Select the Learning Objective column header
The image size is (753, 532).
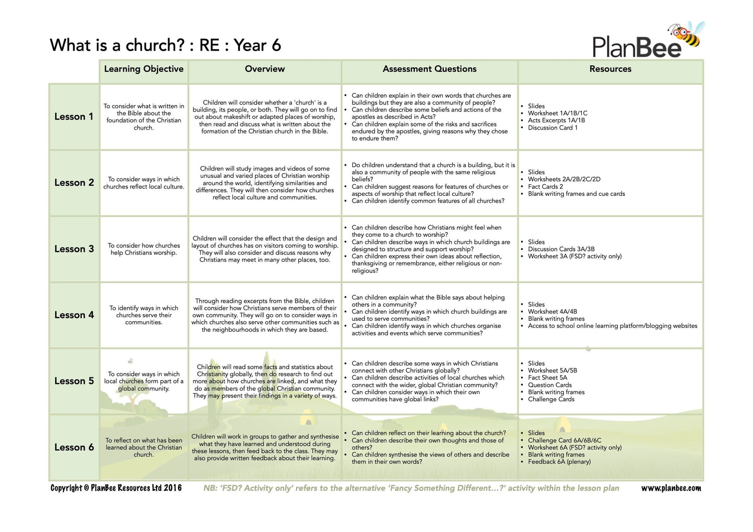pos(144,69)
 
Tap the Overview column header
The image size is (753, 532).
pos(265,69)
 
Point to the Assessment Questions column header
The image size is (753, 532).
pos(429,69)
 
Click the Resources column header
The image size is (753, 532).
pos(610,69)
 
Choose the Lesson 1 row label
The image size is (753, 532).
pos(74,116)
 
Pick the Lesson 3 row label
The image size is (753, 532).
pos(74,249)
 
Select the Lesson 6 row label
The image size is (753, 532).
pos(74,447)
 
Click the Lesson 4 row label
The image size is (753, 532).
pos(74,315)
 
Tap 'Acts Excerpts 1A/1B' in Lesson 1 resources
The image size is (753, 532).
pos(556,120)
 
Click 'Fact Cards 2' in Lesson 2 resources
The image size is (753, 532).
pos(545,187)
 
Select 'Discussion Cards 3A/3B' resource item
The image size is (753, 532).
pos(561,249)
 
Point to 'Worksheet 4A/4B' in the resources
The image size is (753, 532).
pos(552,312)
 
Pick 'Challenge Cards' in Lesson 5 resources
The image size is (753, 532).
pos(551,400)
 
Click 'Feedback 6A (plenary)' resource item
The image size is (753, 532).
pos(559,462)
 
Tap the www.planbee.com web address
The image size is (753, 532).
pos(671,488)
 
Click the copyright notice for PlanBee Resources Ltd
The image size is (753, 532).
pos(116,488)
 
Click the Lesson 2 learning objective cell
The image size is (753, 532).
pos(144,183)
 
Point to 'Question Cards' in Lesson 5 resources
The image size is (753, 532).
pos(550,385)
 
